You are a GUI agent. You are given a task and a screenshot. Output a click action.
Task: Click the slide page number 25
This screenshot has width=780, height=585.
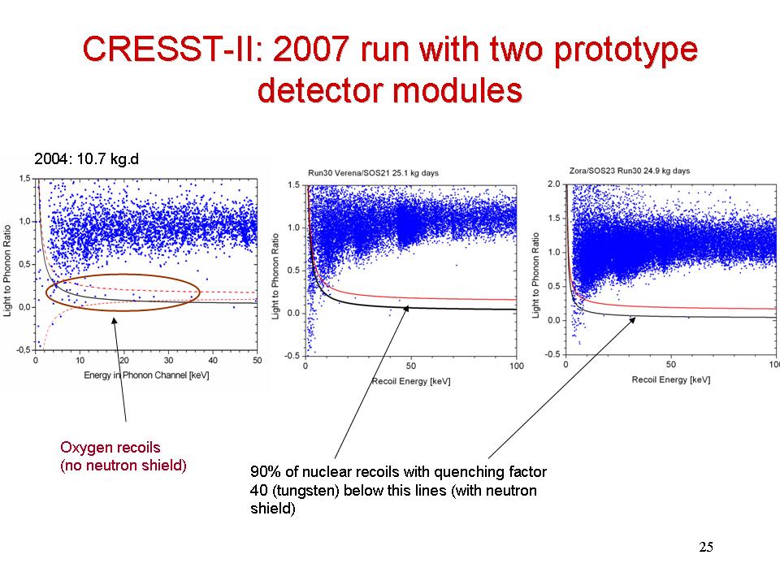pos(706,547)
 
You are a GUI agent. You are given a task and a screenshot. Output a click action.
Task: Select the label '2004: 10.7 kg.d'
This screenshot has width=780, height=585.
pos(86,158)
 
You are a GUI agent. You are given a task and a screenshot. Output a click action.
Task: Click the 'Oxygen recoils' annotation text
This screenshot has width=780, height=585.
pos(110,447)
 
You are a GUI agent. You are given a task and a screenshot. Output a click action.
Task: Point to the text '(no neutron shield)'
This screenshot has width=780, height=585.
pos(123,466)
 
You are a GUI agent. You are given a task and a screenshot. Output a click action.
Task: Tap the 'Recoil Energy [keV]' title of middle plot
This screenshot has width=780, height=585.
pos(410,380)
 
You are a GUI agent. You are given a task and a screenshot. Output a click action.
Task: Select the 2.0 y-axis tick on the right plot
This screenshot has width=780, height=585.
pos(554,184)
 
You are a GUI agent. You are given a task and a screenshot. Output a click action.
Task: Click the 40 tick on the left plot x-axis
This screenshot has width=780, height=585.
pos(212,360)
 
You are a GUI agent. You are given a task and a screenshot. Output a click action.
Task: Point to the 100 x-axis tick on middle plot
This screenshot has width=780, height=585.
pos(515,366)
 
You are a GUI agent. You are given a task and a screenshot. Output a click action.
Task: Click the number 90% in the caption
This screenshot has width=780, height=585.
pos(265,471)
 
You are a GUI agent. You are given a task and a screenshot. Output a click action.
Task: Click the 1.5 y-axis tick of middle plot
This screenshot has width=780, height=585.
pos(294,186)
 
